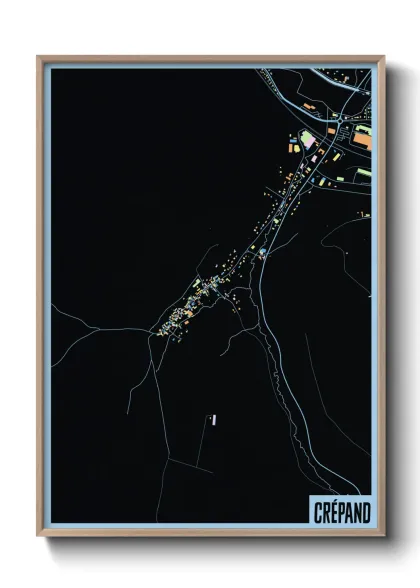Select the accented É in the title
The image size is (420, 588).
click(323, 511)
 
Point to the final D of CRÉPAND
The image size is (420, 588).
click(364, 511)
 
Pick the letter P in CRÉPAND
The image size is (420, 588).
click(334, 511)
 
